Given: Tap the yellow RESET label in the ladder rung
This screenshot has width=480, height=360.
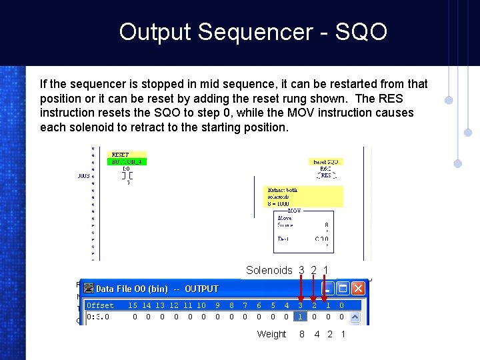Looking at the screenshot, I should coord(120,155).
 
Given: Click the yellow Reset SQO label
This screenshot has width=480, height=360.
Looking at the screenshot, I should coord(327,162).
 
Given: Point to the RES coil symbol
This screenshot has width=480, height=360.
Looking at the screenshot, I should coord(326,176).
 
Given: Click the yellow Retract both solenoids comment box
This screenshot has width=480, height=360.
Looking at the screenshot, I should coord(303,197).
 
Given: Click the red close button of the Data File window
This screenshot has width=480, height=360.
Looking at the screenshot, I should coord(359,289).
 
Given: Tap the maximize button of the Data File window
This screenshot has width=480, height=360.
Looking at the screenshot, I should coord(343,289).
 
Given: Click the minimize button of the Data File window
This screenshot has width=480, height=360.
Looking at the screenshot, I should coord(327,289).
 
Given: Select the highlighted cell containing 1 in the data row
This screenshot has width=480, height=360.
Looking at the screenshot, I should coord(300,317).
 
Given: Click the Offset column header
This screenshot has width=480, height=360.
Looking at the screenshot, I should coord(101,305).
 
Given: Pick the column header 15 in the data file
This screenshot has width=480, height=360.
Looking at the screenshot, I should coord(133,305).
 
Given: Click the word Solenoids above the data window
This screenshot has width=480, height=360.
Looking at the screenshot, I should coord(269,270).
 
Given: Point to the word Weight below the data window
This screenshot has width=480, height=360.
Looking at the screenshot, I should coord(271,334).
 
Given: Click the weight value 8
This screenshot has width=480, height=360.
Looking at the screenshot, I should coord(301,334).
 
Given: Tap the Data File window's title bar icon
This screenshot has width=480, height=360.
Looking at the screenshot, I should coord(88,289).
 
